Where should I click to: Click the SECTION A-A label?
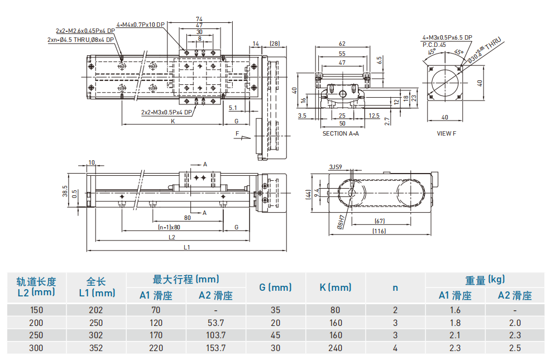341,133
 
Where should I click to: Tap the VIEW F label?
446,133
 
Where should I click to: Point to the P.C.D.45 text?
434,44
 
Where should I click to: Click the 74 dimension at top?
199,19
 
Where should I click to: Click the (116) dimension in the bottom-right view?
380,231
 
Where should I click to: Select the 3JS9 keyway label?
336,167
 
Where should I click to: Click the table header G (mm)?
275,287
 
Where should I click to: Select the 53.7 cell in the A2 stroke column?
215,323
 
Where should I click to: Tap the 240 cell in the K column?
335,347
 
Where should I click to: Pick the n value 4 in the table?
395,347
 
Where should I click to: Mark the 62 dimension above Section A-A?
342,44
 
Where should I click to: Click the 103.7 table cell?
215,335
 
